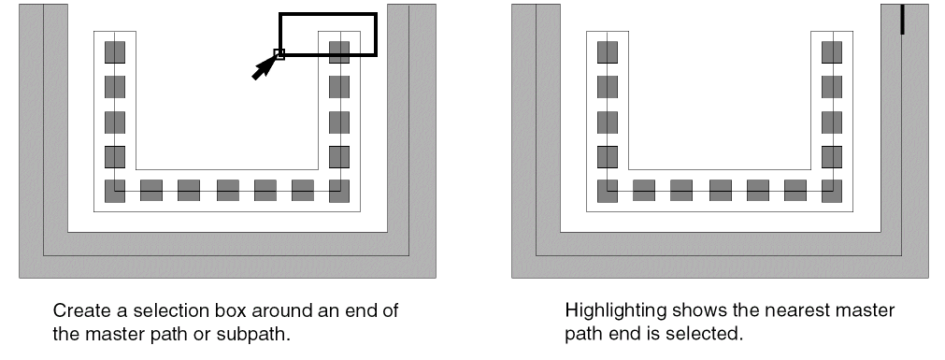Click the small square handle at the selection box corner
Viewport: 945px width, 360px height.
tap(279, 54)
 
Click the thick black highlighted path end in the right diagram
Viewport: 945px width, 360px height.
tap(902, 20)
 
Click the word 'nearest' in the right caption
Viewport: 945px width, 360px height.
tap(797, 311)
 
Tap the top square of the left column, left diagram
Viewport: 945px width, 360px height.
tap(115, 52)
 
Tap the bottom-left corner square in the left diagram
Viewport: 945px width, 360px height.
tap(115, 191)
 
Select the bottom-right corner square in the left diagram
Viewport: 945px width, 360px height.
tap(339, 191)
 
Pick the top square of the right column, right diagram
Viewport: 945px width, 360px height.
tap(832, 52)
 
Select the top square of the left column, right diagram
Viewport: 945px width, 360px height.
tap(609, 52)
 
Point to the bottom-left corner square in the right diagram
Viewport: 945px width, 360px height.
tap(609, 191)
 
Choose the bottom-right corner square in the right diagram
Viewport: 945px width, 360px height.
tap(832, 191)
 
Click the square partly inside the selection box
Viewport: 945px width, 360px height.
tap(339, 52)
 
